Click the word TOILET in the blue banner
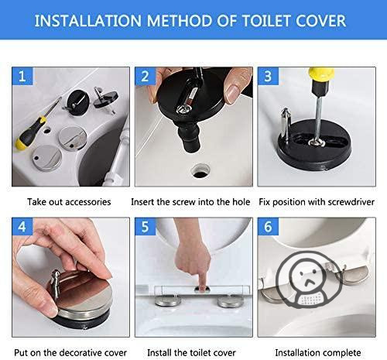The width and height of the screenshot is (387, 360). point(267,21)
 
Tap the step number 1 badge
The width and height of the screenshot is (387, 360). point(22,76)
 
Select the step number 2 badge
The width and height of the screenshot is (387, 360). point(145,76)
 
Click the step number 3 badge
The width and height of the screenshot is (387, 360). point(268,76)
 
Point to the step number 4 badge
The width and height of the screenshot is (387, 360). point(22,227)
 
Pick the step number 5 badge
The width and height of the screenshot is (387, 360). point(145,227)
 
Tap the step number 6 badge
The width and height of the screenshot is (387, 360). point(268,227)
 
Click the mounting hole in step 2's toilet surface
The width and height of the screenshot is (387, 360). point(200,170)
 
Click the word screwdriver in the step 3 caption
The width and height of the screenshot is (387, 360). point(351,202)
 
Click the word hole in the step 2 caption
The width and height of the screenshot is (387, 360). point(241,201)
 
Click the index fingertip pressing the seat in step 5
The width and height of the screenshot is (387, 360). point(202,285)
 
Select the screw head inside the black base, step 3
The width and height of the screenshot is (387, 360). point(317,142)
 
